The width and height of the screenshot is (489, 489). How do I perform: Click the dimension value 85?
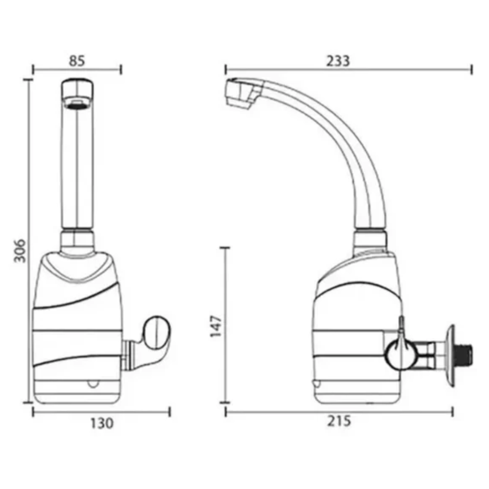tap(77, 61)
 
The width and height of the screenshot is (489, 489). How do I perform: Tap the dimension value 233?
tap(338, 61)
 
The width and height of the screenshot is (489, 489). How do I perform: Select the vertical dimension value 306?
tap(20, 251)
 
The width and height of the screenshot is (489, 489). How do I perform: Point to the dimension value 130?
tap(102, 423)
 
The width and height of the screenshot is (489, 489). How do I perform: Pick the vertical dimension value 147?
tap(216, 327)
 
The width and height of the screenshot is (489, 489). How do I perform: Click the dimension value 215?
tap(339, 421)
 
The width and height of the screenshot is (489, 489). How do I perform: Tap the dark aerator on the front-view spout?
tap(77, 105)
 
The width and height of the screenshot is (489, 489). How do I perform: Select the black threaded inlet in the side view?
tap(465, 351)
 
